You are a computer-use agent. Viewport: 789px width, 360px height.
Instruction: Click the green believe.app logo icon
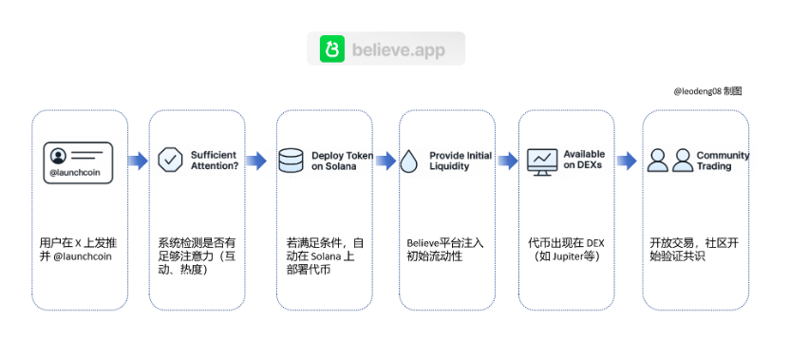[x=331, y=48]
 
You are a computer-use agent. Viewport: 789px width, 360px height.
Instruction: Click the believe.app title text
[x=399, y=49]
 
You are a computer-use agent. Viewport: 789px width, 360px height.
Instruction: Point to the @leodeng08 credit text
[x=707, y=91]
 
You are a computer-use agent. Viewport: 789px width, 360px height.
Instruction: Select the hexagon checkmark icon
[x=170, y=160]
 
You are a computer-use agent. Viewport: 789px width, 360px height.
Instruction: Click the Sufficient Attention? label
[x=215, y=160]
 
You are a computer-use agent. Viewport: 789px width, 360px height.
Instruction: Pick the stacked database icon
[x=291, y=160]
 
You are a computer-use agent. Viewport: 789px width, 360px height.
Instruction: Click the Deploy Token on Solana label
[x=340, y=161]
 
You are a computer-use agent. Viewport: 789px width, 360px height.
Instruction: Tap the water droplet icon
[x=409, y=161]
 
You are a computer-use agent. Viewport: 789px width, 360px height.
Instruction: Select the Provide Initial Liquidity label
[x=460, y=161]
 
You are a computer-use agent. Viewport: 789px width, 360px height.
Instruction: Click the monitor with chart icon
[x=542, y=161]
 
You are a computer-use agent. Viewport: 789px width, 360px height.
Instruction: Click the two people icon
[x=669, y=161]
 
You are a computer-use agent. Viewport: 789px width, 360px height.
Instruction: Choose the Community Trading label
[x=722, y=161]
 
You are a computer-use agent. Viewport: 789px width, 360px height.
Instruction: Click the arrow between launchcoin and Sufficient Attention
[x=138, y=161]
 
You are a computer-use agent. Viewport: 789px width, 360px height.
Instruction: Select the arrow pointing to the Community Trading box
[x=627, y=161]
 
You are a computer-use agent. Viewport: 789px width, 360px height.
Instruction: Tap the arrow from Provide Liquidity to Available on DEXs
[x=508, y=161]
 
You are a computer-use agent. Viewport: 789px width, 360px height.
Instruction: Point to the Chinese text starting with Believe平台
[x=445, y=250]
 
